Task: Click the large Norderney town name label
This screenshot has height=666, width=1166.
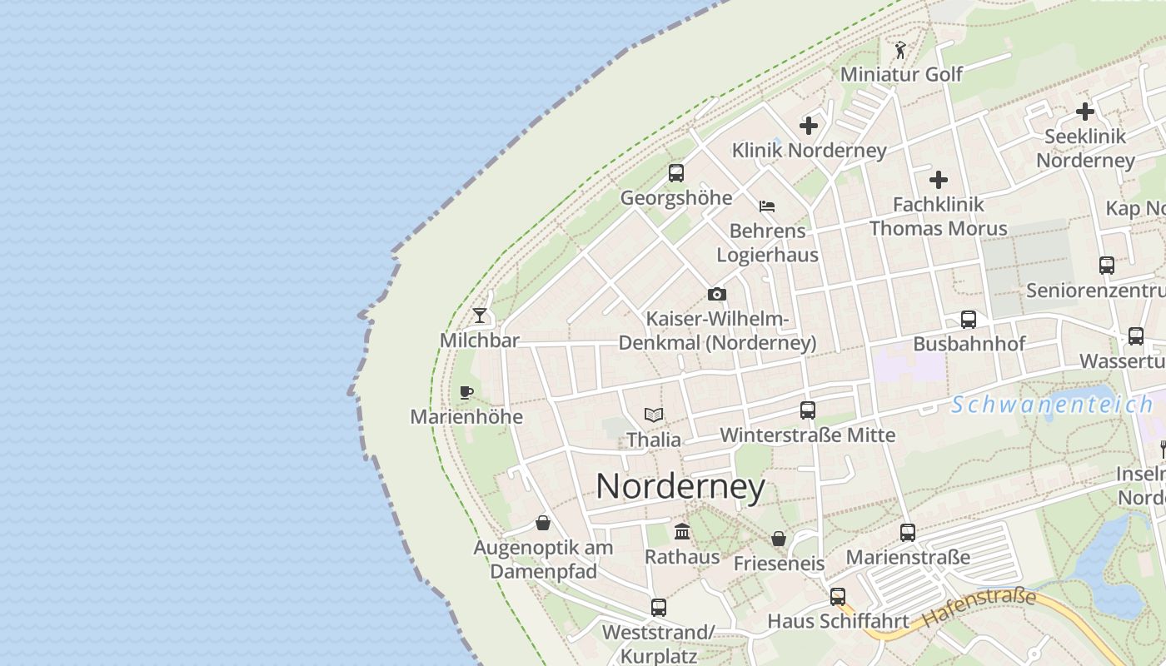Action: (x=680, y=487)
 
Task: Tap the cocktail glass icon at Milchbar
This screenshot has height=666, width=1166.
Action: (x=480, y=316)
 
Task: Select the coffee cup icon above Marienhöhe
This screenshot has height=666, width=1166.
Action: (x=466, y=392)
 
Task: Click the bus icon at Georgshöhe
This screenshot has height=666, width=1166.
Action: (x=675, y=173)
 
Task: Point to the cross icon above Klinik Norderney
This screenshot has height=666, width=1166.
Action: (x=808, y=126)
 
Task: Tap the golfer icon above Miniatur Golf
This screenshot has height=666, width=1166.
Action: (x=900, y=50)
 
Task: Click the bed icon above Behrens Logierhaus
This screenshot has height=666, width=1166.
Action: (x=767, y=206)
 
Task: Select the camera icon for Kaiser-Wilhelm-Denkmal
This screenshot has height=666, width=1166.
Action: (x=716, y=294)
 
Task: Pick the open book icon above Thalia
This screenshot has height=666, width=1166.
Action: (x=654, y=415)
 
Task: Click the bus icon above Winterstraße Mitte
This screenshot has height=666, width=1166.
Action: (x=807, y=410)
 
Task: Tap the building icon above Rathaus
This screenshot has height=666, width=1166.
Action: (x=682, y=531)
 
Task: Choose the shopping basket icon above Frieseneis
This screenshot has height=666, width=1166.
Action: (x=778, y=539)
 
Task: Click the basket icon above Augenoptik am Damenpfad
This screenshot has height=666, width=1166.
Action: (x=543, y=523)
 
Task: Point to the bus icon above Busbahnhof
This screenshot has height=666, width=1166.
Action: (x=968, y=319)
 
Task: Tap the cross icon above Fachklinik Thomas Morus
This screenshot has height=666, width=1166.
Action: (x=939, y=179)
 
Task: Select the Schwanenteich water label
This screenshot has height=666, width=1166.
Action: (x=1051, y=405)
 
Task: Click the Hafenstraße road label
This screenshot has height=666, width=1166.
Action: (x=979, y=608)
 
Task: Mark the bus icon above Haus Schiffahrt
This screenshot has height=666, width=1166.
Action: (x=837, y=596)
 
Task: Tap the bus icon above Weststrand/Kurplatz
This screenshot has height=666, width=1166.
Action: (x=658, y=607)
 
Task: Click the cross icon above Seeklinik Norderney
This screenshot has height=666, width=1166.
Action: (x=1084, y=111)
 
